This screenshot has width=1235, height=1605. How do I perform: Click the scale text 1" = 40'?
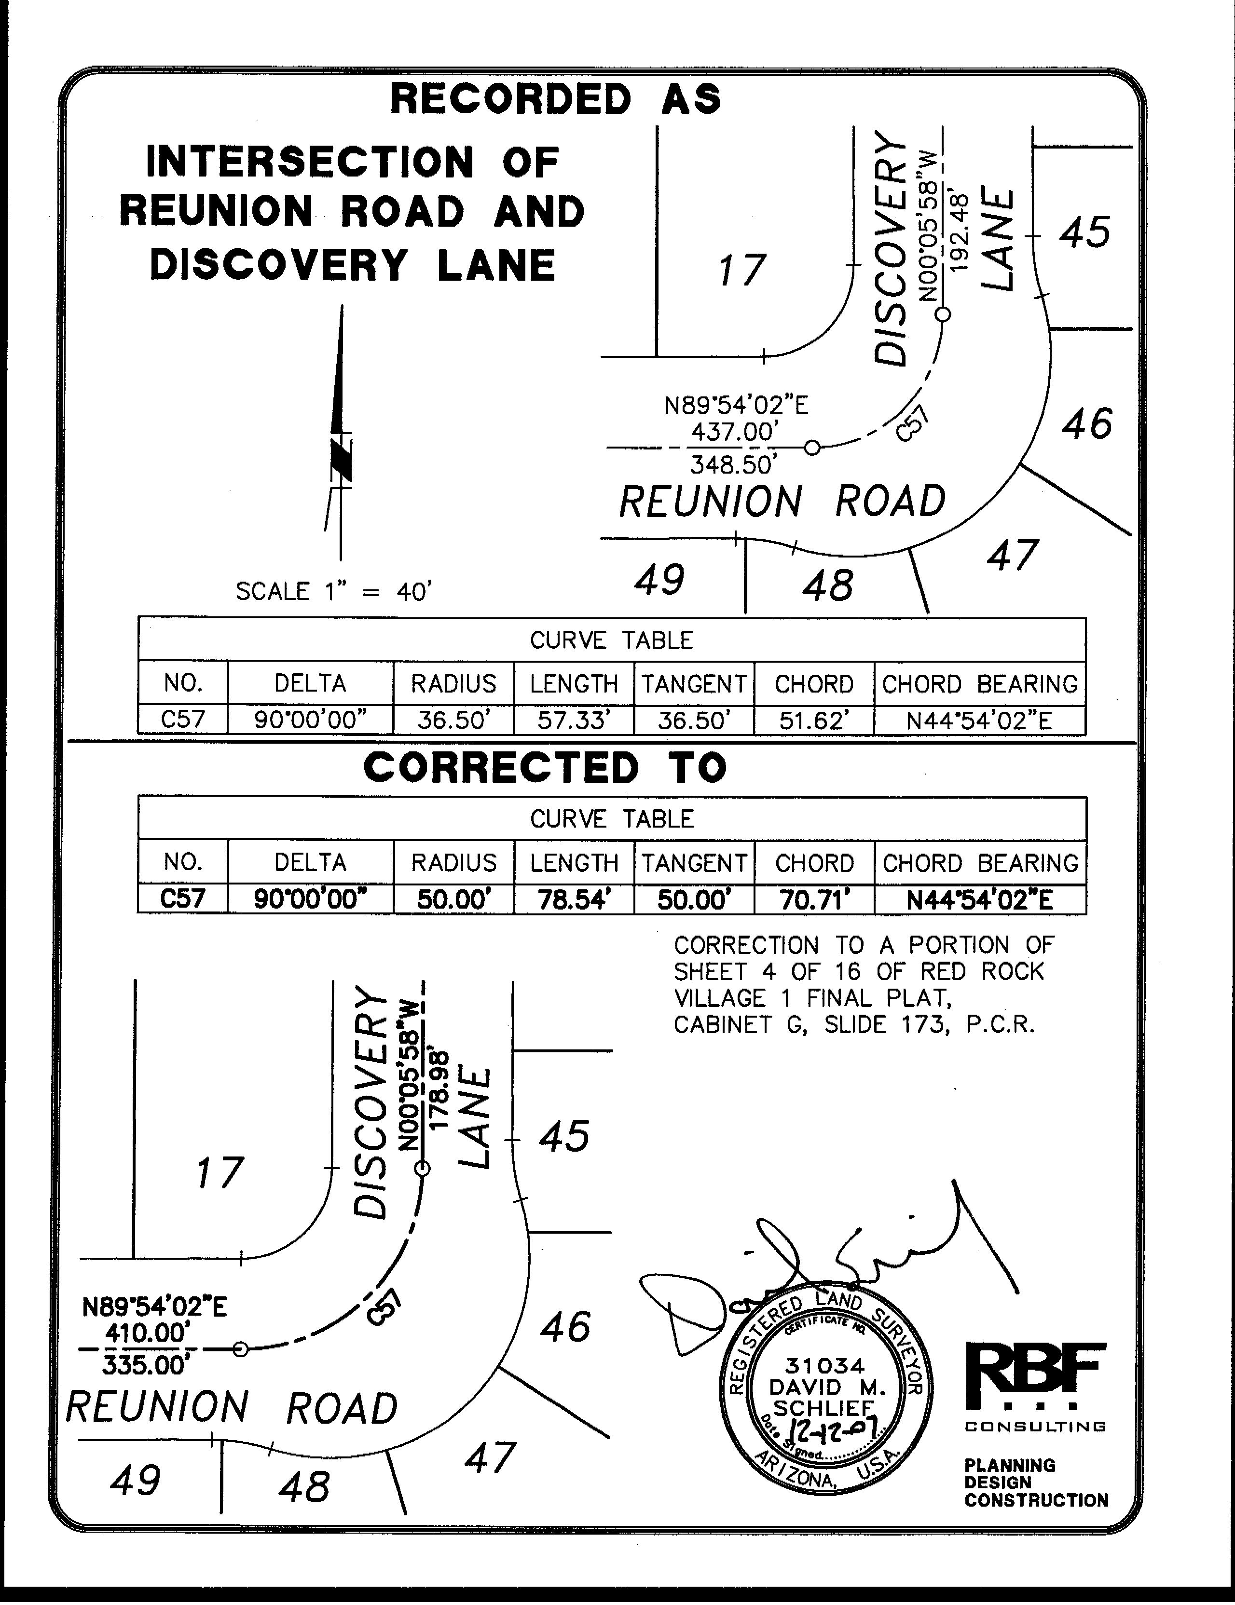(x=332, y=592)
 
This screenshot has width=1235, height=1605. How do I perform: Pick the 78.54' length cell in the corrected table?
(x=574, y=899)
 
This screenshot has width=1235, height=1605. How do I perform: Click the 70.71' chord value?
(x=814, y=899)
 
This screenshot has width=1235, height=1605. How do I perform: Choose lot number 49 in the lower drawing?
(x=135, y=1479)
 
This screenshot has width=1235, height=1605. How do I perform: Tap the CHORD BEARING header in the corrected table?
(x=980, y=863)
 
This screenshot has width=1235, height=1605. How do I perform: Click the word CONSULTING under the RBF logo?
(x=1035, y=1427)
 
